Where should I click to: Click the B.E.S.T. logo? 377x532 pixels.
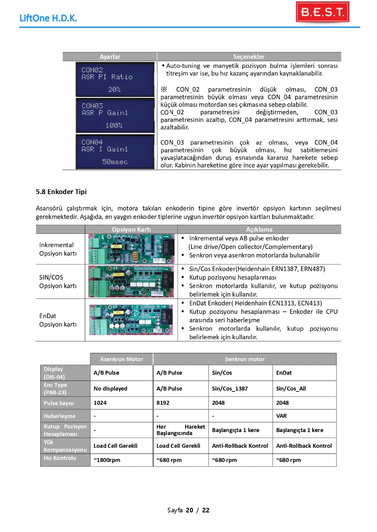point(322,12)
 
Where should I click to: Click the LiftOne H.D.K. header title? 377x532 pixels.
point(48,18)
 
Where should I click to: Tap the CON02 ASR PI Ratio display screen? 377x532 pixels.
point(109,79)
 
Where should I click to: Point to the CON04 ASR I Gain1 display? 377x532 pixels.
point(109,152)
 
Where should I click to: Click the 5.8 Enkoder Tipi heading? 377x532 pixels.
point(61,192)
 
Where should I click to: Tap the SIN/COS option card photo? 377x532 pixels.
point(132,282)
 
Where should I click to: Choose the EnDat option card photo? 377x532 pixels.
point(132,319)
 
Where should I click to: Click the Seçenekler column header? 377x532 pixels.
point(249,57)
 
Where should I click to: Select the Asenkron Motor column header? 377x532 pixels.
point(121,359)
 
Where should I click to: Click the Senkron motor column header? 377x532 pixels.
point(244,359)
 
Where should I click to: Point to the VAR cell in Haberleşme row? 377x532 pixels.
point(282,416)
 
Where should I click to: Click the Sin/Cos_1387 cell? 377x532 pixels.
point(230,389)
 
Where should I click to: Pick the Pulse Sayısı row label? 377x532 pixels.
point(59,403)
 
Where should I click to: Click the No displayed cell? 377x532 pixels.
point(110,389)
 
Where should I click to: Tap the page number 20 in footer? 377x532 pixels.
point(189,510)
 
